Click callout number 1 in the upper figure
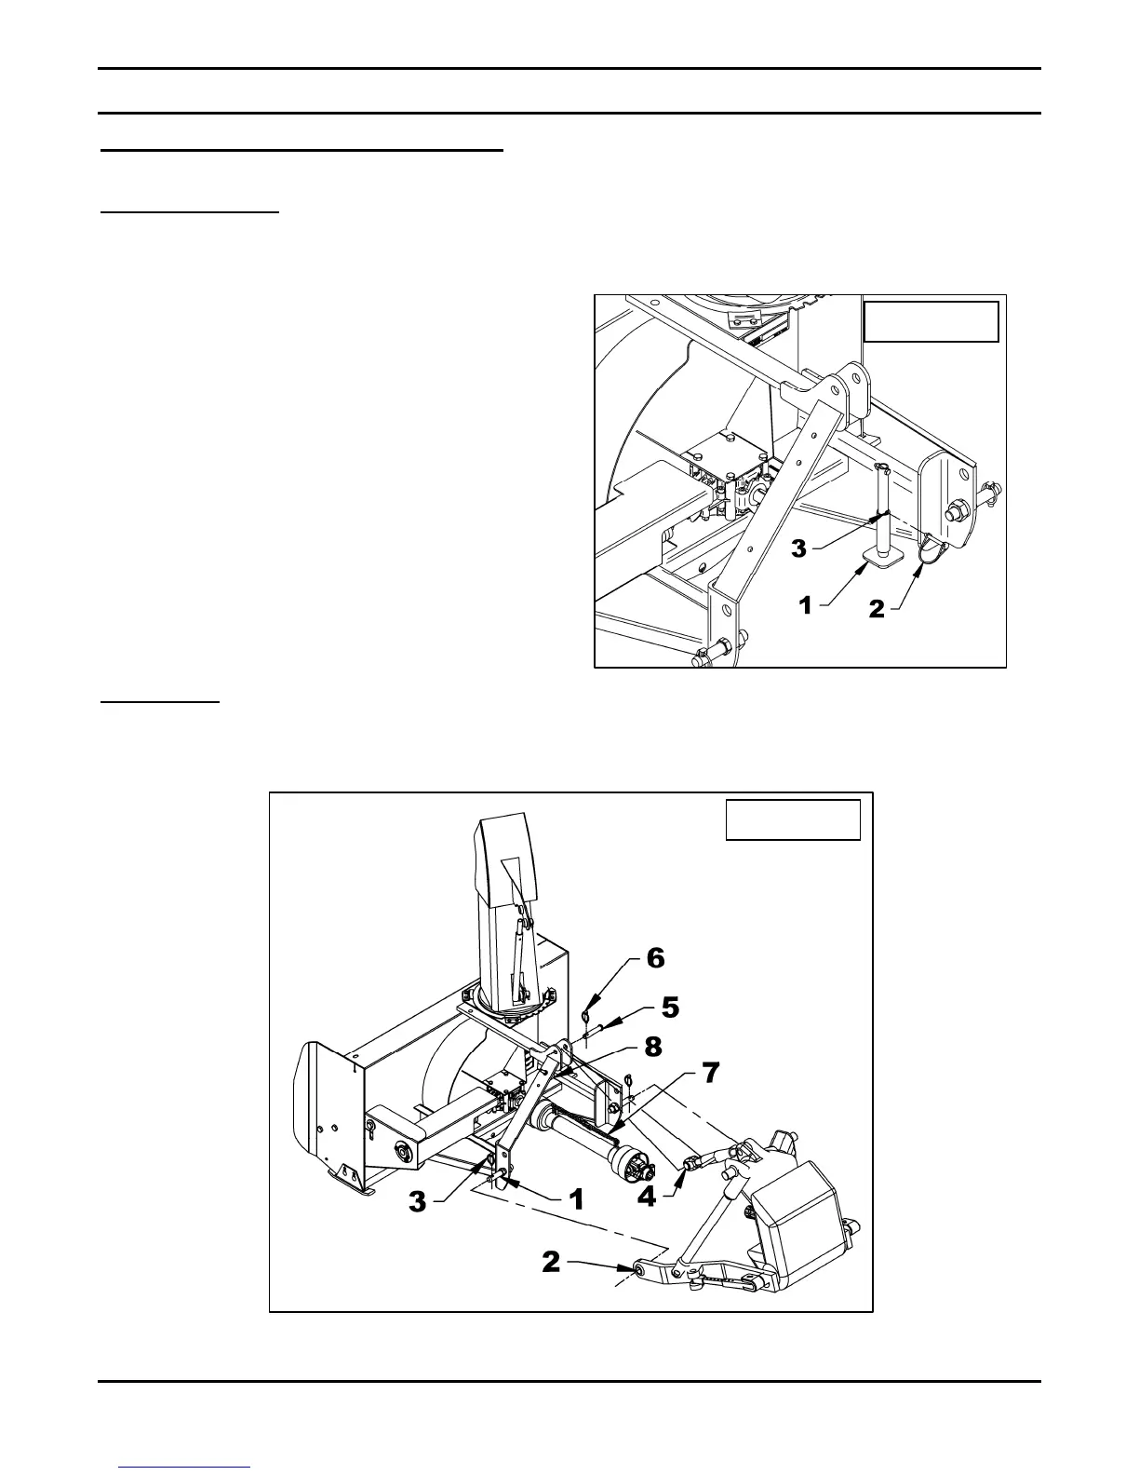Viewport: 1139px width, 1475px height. click(x=806, y=606)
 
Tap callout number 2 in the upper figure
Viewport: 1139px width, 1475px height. click(x=877, y=610)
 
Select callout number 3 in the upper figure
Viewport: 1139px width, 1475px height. click(x=799, y=548)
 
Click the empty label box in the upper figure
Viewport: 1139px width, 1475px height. click(x=931, y=321)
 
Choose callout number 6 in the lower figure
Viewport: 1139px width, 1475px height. click(x=655, y=957)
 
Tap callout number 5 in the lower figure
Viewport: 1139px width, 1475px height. click(x=670, y=1008)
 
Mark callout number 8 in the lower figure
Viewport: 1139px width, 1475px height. click(x=653, y=1047)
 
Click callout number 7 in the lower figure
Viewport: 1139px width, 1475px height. click(x=710, y=1074)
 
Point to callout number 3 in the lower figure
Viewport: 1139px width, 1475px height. click(x=418, y=1202)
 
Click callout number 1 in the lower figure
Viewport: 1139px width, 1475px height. click(x=576, y=1199)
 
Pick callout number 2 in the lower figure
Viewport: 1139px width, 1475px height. click(x=552, y=1262)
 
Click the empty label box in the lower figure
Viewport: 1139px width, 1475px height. click(x=793, y=819)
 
